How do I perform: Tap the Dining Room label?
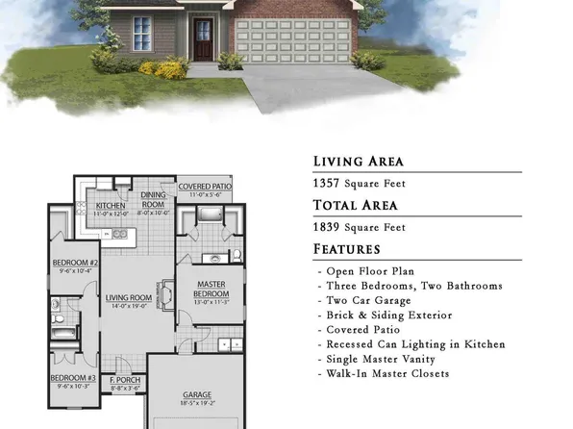pos(154,199)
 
